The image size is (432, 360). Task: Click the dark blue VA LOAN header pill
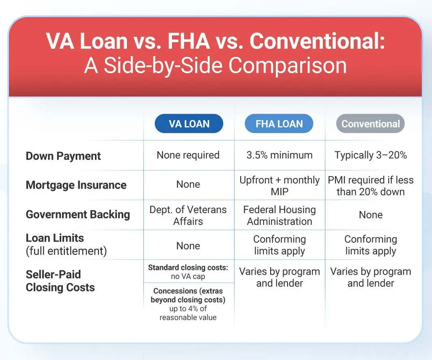pyautogui.click(x=189, y=123)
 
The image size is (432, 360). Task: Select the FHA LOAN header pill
pyautogui.click(x=279, y=123)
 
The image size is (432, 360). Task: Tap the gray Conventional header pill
pyautogui.click(x=370, y=123)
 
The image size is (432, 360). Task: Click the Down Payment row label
pyautogui.click(x=63, y=156)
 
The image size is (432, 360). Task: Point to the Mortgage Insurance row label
pyautogui.click(x=76, y=185)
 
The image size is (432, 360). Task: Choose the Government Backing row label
pyautogui.click(x=78, y=214)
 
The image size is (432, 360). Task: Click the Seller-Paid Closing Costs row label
pyautogui.click(x=60, y=281)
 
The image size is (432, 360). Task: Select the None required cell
pyautogui.click(x=188, y=155)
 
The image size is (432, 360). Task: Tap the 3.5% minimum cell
pyautogui.click(x=279, y=155)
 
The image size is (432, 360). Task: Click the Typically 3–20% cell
pyautogui.click(x=371, y=155)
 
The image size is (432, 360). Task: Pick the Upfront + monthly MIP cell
pyautogui.click(x=279, y=186)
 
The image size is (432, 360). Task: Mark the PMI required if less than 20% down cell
pyautogui.click(x=371, y=186)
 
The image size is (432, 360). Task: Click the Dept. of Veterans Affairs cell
pyautogui.click(x=188, y=215)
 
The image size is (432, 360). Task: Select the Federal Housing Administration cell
pyautogui.click(x=279, y=215)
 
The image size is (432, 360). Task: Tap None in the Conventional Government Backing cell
pyautogui.click(x=371, y=215)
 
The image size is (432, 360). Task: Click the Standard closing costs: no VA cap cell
pyautogui.click(x=188, y=272)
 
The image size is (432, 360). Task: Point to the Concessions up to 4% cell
pyautogui.click(x=188, y=304)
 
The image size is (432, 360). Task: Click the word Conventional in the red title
pyautogui.click(x=317, y=41)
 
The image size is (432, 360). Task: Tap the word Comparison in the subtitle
pyautogui.click(x=287, y=66)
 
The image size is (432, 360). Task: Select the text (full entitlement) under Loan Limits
pyautogui.click(x=66, y=251)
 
